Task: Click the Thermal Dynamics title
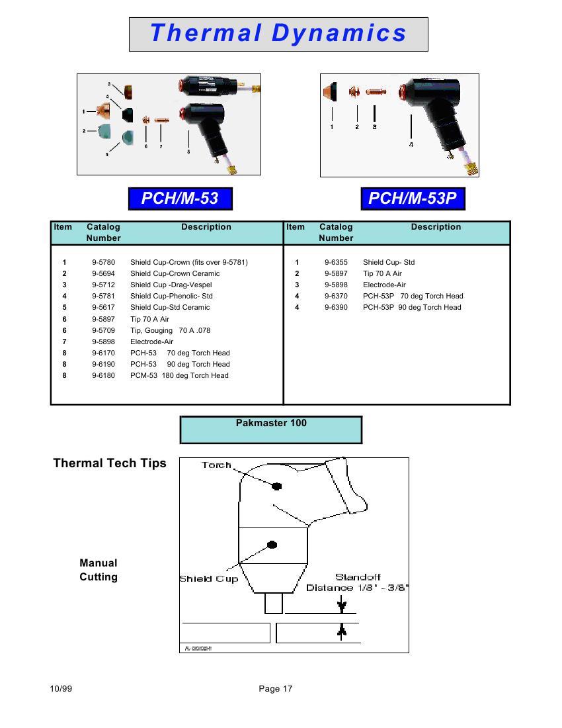click(278, 33)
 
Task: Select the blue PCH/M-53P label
click(412, 198)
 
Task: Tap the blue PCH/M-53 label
click(180, 198)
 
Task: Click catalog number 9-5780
click(103, 262)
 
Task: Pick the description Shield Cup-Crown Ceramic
click(175, 273)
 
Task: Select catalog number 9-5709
click(103, 330)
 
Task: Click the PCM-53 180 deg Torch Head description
click(179, 375)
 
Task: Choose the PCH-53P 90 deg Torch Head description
click(412, 307)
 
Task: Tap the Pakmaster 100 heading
click(271, 423)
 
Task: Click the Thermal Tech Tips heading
click(110, 463)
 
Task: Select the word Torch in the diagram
click(216, 465)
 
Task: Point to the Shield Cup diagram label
click(208, 579)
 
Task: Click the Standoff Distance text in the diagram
click(358, 582)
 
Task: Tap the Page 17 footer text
click(276, 689)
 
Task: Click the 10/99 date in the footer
click(61, 689)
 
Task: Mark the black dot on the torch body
click(276, 486)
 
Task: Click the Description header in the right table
click(436, 227)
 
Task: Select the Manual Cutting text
click(99, 570)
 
